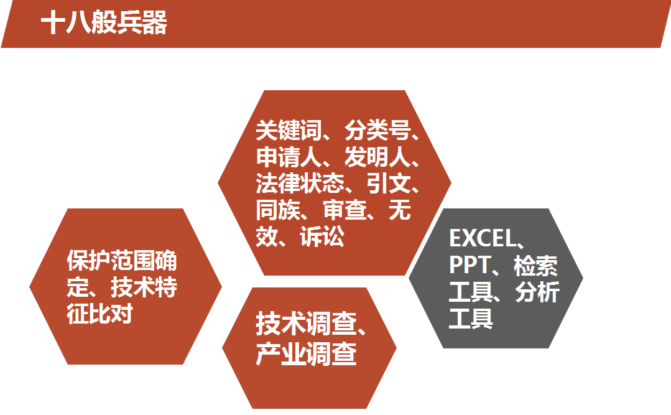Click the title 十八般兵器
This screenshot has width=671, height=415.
(x=104, y=22)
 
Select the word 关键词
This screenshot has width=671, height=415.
(x=289, y=130)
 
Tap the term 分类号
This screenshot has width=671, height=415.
(x=377, y=130)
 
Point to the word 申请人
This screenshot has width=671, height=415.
(x=289, y=157)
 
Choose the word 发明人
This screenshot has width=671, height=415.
(x=377, y=157)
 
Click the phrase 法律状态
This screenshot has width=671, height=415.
(x=300, y=184)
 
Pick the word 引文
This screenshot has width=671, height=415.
(x=389, y=184)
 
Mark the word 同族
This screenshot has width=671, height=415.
(x=278, y=210)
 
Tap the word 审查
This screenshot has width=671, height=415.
(x=345, y=210)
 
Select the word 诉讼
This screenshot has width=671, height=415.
(x=322, y=236)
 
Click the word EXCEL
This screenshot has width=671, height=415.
(x=483, y=238)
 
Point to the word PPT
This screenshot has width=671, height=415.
(x=470, y=265)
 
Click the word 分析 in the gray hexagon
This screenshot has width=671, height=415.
(x=537, y=292)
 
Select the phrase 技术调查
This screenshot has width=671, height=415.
(x=307, y=324)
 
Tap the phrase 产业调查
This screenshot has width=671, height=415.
(x=307, y=354)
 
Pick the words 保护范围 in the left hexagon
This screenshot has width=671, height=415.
(x=111, y=261)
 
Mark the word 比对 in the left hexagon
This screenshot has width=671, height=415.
(x=111, y=314)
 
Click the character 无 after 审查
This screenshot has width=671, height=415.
(x=400, y=210)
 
